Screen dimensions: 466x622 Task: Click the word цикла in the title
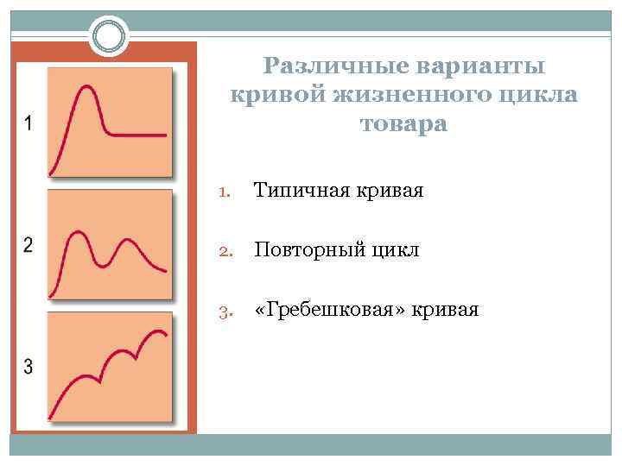[x=535, y=95]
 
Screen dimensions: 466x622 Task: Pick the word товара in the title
[x=403, y=124]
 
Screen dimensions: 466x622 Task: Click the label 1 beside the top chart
[x=29, y=123]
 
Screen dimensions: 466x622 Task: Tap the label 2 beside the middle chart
[x=29, y=245]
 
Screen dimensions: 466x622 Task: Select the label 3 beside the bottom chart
[x=29, y=367]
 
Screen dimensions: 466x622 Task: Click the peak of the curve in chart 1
[x=86, y=86]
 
